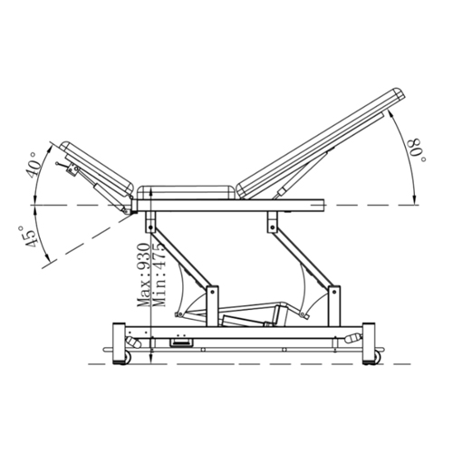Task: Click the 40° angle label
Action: (34, 165)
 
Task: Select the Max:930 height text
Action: (143, 275)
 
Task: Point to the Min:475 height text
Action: (159, 275)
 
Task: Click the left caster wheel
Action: (127, 358)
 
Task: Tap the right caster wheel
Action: (376, 358)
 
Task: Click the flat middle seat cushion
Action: (186, 193)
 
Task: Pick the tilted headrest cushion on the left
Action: (96, 169)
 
